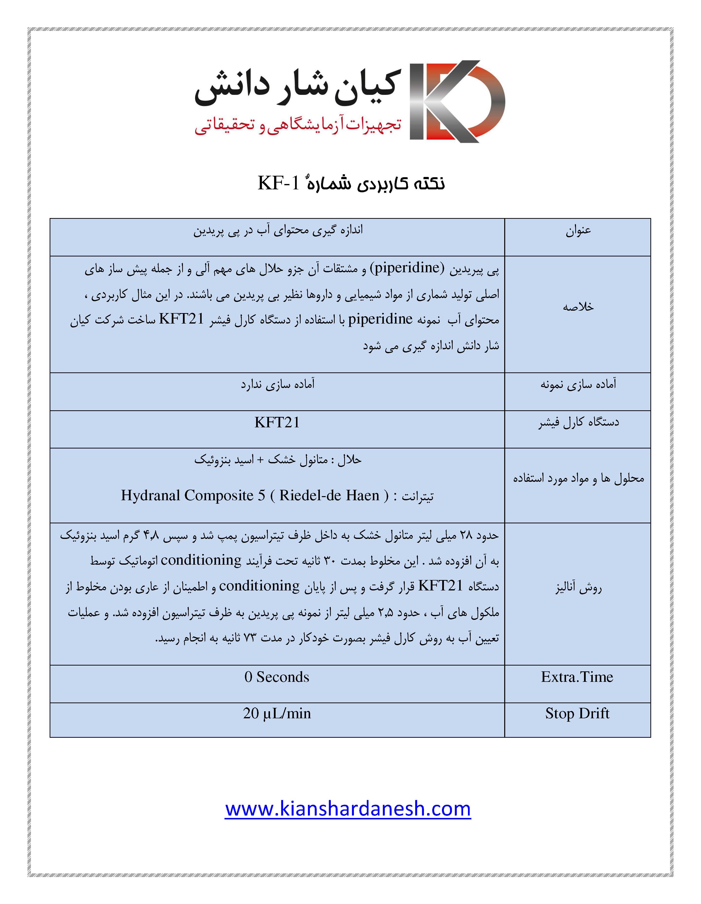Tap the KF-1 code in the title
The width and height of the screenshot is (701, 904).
pyautogui.click(x=279, y=183)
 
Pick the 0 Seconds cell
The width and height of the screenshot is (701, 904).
pyautogui.click(x=277, y=677)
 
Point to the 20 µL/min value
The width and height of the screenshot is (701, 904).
pyautogui.click(x=277, y=713)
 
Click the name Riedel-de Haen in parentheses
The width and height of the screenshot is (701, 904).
pyautogui.click(x=329, y=495)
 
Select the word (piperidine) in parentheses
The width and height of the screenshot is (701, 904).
pyautogui.click(x=407, y=268)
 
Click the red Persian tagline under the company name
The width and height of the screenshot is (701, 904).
pyautogui.click(x=298, y=125)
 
